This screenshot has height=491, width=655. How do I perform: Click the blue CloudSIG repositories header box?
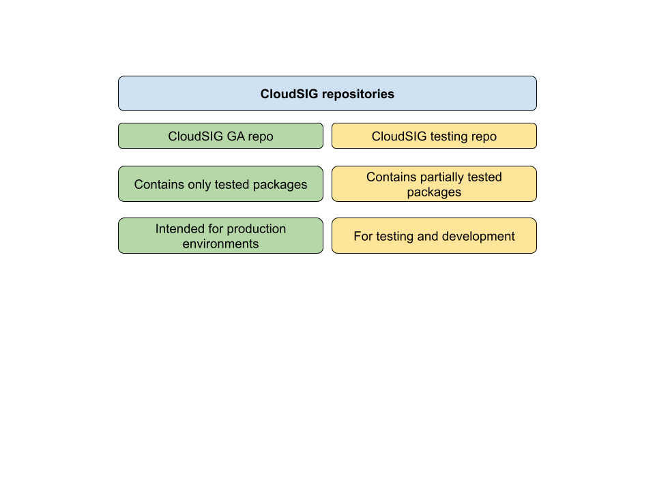327,93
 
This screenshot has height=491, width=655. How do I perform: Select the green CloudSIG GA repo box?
220,136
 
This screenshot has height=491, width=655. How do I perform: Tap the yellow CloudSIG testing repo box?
434,136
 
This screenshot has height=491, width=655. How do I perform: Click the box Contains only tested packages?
220,184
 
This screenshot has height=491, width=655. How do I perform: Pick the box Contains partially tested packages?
434,184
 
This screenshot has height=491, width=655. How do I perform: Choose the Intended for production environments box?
220,236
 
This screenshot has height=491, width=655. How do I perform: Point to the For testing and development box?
434,236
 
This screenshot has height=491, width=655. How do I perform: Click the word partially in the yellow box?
435,177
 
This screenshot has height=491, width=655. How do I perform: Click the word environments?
220,244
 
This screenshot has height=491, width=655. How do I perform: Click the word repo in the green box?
260,137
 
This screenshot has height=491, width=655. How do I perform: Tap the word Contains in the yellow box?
390,177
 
